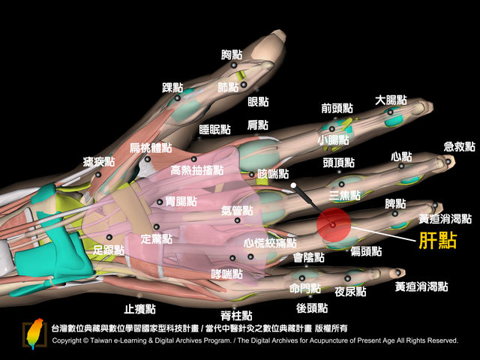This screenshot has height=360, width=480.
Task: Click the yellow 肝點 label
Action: (438, 241)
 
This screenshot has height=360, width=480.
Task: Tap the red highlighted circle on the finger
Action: (334, 225)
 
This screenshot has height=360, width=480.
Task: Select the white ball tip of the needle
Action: (293, 185)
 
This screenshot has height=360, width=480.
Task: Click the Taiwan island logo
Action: (34, 334)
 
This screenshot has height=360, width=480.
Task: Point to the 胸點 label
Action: (232, 55)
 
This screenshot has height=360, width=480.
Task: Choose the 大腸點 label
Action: (391, 100)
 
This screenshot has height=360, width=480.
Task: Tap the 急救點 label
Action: (460, 147)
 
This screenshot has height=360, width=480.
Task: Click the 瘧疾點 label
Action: (99, 162)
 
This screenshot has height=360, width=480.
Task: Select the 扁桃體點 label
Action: (151, 148)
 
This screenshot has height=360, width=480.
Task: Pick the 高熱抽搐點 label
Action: (197, 170)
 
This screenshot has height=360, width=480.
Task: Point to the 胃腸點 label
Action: (181, 202)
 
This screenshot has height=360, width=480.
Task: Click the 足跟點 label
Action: (109, 250)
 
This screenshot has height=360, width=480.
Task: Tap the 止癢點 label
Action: (140, 309)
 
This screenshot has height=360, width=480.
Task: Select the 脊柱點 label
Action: (236, 315)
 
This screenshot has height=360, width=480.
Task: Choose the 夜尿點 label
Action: (350, 292)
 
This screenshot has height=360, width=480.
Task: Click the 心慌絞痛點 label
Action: (270, 243)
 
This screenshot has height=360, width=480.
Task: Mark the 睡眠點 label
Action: (214, 130)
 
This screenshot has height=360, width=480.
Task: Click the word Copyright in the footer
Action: (67, 340)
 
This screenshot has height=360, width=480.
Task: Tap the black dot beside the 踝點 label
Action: (177, 98)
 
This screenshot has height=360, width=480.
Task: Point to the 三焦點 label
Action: (345, 195)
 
